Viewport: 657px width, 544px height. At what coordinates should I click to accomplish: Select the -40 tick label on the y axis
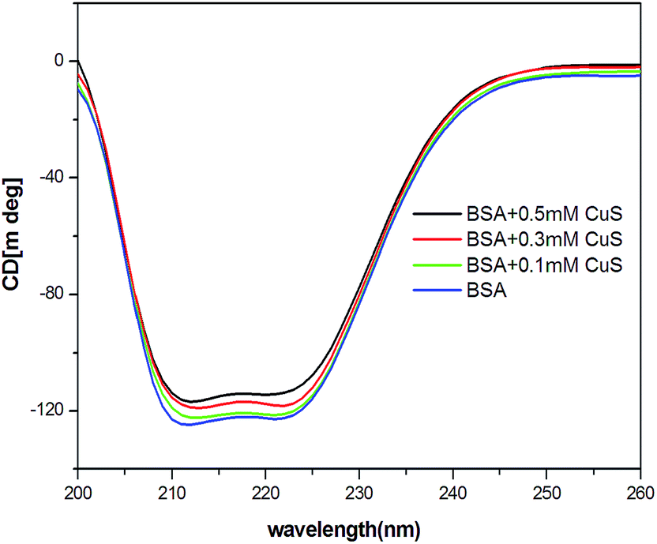(x=51, y=178)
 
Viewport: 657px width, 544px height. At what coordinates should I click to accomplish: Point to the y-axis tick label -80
(x=51, y=295)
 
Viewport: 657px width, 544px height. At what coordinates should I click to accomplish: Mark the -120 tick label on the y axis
(x=47, y=411)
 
